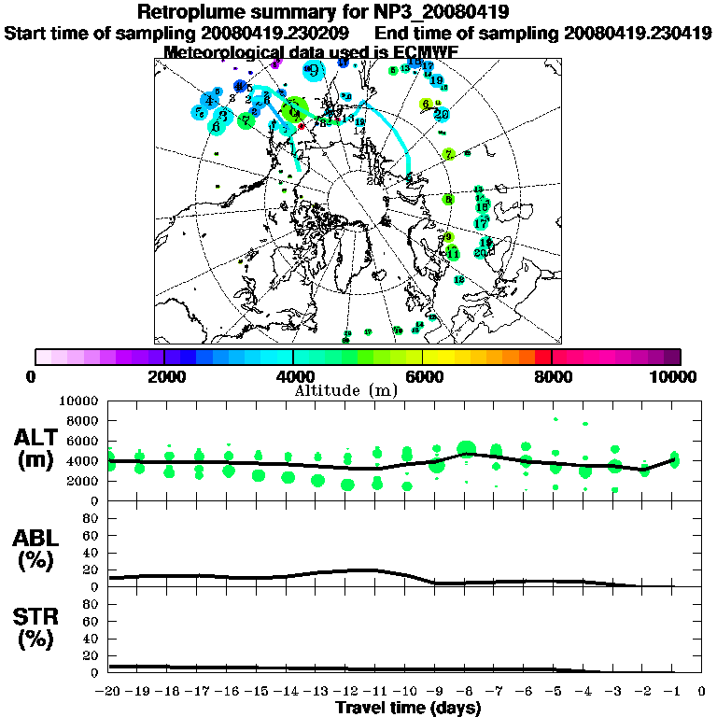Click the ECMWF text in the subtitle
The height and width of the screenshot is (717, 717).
(425, 52)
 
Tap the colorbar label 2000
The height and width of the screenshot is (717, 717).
(164, 377)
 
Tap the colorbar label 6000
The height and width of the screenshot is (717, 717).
(422, 377)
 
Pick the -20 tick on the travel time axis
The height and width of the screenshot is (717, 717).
(109, 691)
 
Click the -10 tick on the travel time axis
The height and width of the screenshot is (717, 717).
(406, 691)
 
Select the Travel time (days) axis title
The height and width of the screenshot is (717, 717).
(408, 709)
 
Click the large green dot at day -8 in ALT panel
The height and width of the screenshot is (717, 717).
(466, 450)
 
